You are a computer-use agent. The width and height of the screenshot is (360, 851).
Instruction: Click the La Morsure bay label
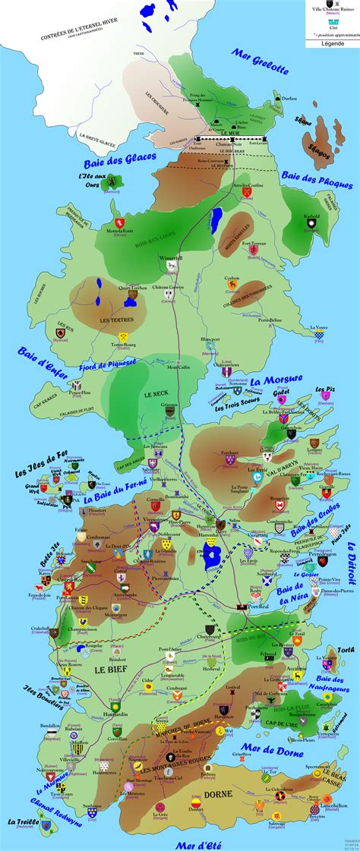point(276,379)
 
